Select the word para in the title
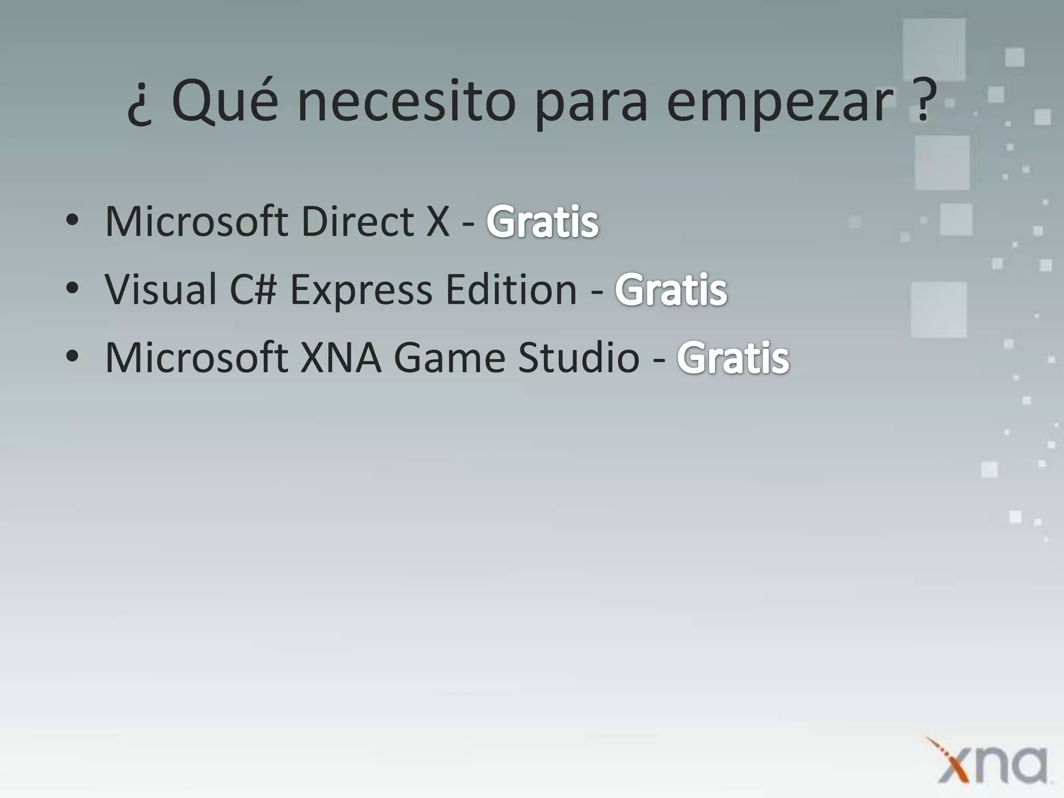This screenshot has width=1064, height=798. (591, 104)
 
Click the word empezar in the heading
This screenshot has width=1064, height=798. (779, 104)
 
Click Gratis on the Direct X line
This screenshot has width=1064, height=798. (542, 222)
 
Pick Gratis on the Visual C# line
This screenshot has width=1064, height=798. (671, 290)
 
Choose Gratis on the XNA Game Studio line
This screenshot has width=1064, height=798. (733, 357)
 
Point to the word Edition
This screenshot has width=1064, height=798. (511, 289)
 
